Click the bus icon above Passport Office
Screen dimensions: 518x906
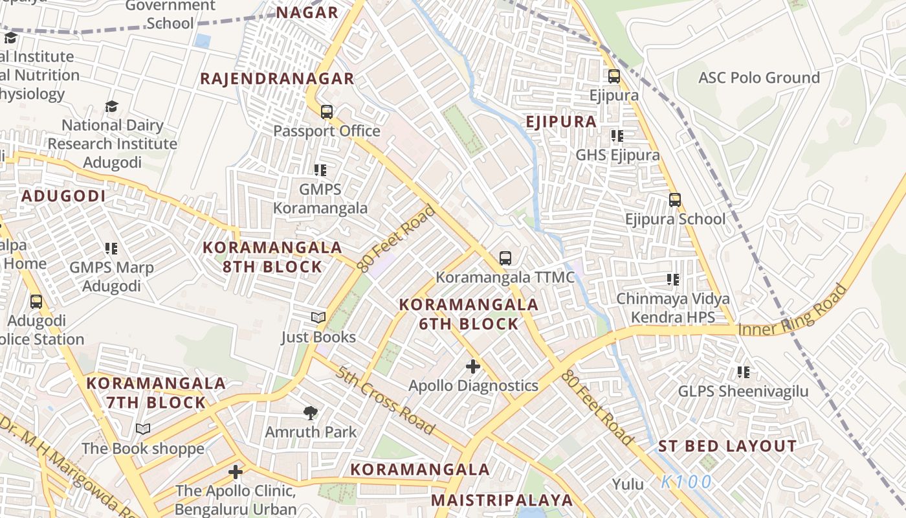[327, 111]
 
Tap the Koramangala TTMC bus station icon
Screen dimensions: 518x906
[505, 258]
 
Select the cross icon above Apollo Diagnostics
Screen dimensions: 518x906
[473, 366]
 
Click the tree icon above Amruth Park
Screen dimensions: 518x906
[311, 412]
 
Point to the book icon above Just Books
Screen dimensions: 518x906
[318, 317]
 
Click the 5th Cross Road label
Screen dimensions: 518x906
[384, 400]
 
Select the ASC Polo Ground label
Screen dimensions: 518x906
[758, 78]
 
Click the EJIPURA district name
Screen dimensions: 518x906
[561, 122]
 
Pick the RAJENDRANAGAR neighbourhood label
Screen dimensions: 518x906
[277, 79]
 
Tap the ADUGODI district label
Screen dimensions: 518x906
[63, 196]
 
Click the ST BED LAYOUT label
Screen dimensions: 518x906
[727, 446]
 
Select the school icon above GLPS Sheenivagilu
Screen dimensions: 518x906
[743, 372]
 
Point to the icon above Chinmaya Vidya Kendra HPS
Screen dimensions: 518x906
[673, 280]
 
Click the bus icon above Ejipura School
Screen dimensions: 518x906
[675, 200]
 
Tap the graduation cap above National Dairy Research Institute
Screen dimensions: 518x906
[112, 106]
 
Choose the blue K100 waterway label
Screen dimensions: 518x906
[687, 482]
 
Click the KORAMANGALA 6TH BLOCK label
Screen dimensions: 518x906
[469, 314]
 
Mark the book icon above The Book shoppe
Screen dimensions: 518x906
[143, 429]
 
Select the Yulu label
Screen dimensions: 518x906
[628, 484]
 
